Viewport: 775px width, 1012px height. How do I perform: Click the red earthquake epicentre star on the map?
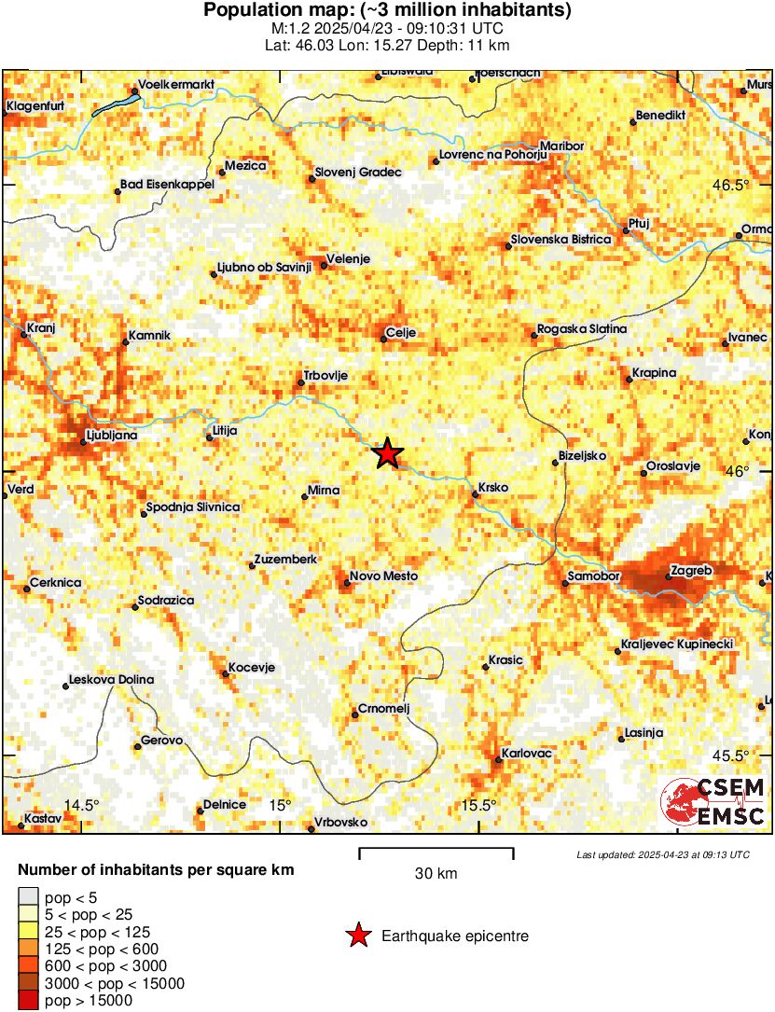388,454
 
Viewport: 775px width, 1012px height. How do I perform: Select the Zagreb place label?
691,570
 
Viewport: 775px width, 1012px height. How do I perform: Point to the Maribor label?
562,146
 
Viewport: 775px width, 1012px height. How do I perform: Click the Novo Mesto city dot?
346,584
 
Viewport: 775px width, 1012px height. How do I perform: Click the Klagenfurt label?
35,106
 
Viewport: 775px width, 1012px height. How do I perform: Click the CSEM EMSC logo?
713,801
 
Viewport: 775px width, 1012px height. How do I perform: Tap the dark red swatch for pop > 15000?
28,1001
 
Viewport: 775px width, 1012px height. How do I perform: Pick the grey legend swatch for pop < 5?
28,897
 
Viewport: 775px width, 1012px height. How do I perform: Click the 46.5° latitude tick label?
731,185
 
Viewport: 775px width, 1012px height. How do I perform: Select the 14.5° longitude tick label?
81,806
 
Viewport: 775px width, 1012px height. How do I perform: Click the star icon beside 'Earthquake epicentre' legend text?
358,936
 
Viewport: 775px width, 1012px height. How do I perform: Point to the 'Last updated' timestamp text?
662,854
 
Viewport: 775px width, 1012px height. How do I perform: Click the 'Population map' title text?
387,10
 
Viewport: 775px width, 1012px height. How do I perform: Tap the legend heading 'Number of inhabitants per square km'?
156,870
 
